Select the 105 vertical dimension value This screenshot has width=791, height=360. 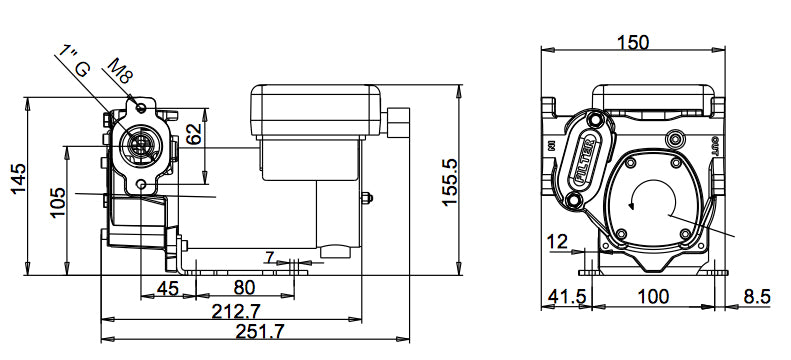coord(56,207)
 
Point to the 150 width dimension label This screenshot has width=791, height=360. coord(632,42)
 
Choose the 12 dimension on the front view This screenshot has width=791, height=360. coord(558,241)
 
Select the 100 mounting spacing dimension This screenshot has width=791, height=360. coord(654,296)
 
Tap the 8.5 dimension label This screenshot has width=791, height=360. coord(757,296)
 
